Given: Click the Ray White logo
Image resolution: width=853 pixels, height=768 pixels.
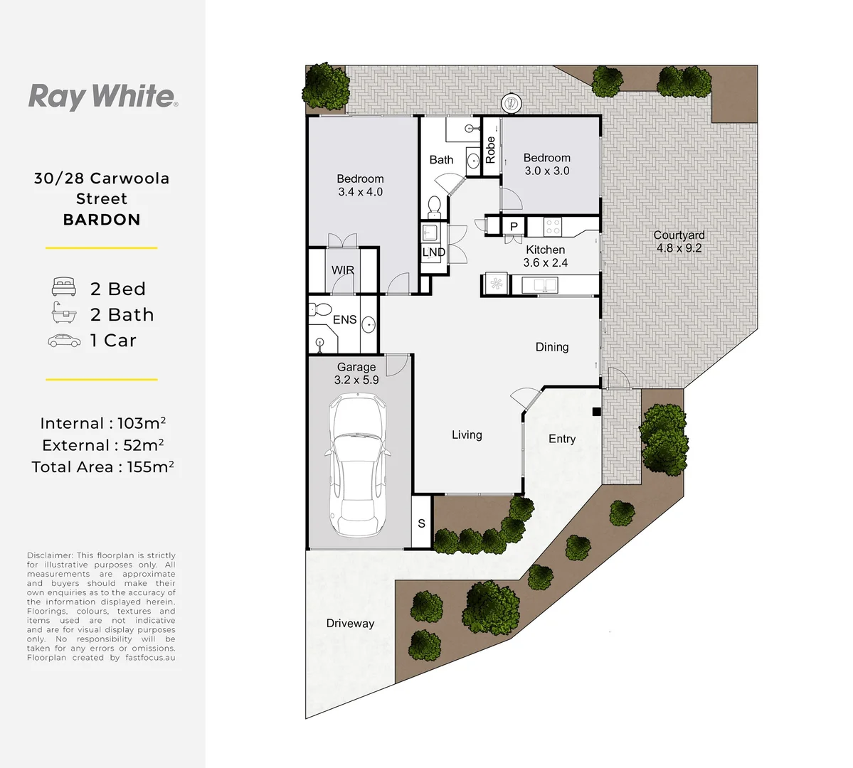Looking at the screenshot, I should pos(102,96).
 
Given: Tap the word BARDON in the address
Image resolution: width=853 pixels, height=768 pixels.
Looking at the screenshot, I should pos(102,220).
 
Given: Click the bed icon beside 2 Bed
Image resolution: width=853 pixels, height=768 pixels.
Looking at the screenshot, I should pos(63,287).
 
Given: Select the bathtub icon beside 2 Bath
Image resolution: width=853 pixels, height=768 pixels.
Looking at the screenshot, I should pos(63,313).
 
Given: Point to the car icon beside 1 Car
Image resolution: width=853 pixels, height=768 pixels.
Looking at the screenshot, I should pos(64,341).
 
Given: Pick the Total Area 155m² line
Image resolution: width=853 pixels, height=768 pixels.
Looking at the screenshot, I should pos(102,467).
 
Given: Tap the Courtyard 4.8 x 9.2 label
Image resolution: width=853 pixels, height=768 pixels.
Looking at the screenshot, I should pos(679,242).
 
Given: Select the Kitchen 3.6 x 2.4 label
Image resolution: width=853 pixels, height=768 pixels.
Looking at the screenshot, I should pos(546,256).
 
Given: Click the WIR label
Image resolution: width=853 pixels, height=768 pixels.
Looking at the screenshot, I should pos(343,270).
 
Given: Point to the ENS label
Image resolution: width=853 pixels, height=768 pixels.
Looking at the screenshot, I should pos(345,320).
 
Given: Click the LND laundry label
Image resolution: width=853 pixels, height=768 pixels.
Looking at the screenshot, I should pos(433,252).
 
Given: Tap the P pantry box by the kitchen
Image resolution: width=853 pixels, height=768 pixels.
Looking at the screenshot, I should pos(514,227).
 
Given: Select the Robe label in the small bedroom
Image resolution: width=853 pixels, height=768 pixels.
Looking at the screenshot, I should pos(490,150).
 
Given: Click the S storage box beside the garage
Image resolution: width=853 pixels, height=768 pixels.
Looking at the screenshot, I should pos(421,523).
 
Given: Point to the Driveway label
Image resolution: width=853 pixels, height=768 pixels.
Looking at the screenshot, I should pos(350,624).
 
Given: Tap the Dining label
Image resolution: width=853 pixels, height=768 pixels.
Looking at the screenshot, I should pos(552,347).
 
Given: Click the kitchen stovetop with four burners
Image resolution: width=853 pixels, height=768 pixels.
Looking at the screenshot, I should pos(553,227).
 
